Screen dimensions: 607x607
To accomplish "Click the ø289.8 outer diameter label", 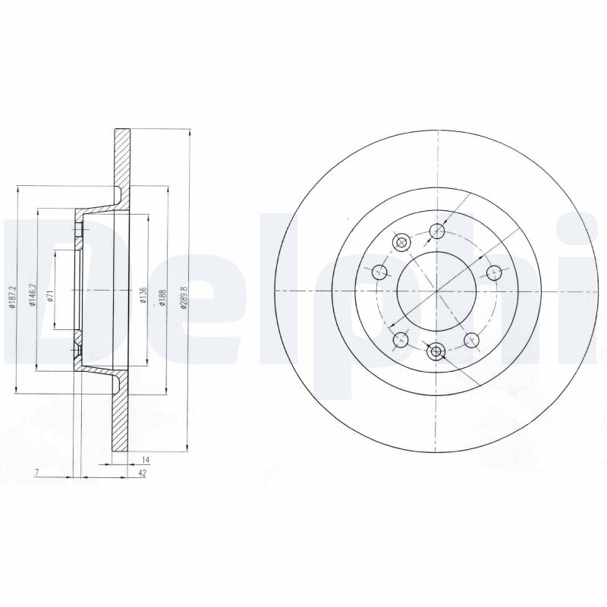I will [179, 291].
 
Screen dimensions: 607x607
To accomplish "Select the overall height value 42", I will [142, 473].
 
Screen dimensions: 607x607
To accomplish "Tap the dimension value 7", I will [36, 473].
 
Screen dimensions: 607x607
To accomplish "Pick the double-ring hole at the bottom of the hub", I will [436, 351].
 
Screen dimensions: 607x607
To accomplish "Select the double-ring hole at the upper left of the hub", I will [401, 242].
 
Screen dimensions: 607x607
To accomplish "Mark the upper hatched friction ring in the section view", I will [121, 163].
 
